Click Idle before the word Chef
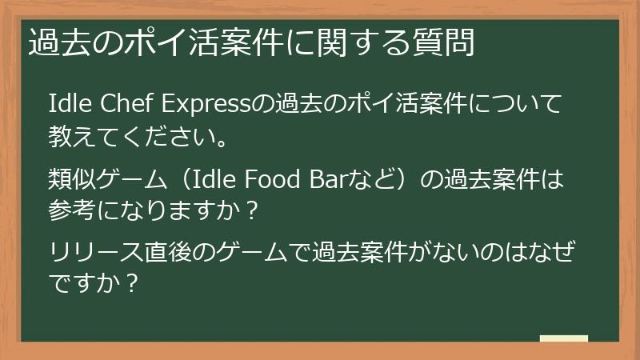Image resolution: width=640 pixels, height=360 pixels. pos(70,105)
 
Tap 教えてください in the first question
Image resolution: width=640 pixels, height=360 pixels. pos(127,138)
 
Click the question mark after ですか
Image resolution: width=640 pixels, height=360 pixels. pos(135,284)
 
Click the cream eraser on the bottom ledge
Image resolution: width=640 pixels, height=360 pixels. pos(564,339)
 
